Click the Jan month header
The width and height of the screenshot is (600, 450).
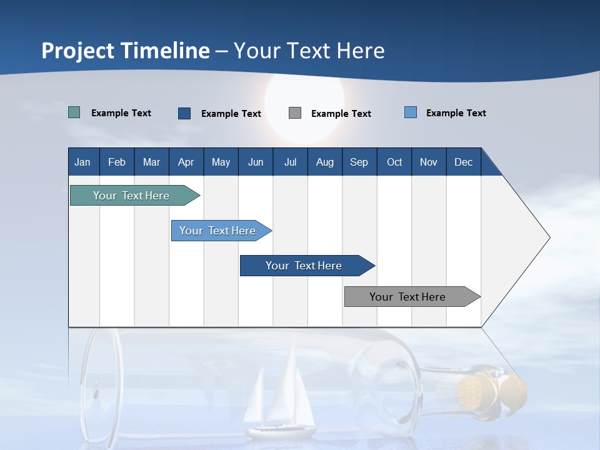pyautogui.click(x=82, y=162)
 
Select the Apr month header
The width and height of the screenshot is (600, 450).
pyautogui.click(x=186, y=162)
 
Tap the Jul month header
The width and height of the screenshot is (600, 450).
pyautogui.click(x=290, y=162)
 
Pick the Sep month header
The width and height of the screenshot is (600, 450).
pyautogui.click(x=359, y=162)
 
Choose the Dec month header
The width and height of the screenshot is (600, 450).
pyautogui.click(x=463, y=162)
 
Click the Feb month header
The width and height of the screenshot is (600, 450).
pyautogui.click(x=117, y=162)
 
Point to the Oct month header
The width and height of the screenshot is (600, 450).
pyautogui.click(x=394, y=162)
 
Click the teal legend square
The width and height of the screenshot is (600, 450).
pyautogui.click(x=74, y=112)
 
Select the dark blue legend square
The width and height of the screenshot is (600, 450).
pyautogui.click(x=184, y=113)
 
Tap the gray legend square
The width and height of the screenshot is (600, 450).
pyautogui.click(x=295, y=113)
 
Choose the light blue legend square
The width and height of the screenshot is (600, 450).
pyautogui.click(x=411, y=112)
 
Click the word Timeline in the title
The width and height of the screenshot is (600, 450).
pyautogui.click(x=165, y=51)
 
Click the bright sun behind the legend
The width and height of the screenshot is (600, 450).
pyautogui.click(x=304, y=100)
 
